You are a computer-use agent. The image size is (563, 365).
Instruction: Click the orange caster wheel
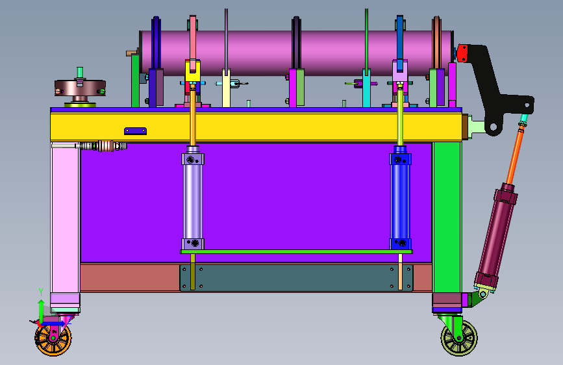pyautogui.click(x=53, y=340)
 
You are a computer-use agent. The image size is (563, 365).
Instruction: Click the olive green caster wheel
pyautogui.click(x=459, y=338)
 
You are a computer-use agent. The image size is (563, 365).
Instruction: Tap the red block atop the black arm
pyautogui.click(x=462, y=53)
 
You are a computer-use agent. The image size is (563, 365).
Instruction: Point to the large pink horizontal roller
pyautogui.click(x=296, y=53)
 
